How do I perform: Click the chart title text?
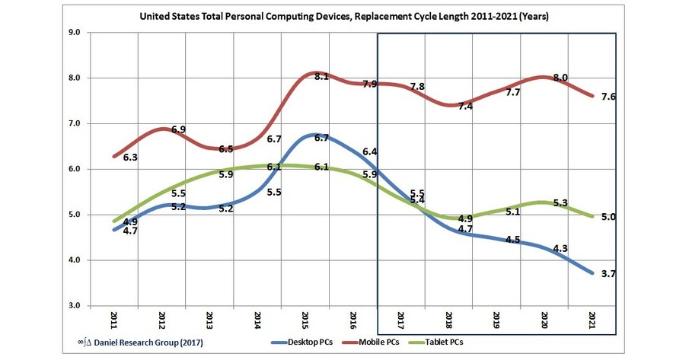coord(343,16)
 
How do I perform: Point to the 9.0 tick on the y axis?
coord(75,33)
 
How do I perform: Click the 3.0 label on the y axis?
coord(75,306)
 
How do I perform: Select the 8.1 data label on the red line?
coord(321,76)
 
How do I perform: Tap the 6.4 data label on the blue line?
coord(371,152)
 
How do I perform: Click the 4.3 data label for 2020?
coord(560,247)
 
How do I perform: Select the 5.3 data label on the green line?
coord(560,203)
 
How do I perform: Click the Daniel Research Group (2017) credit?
coord(160,342)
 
